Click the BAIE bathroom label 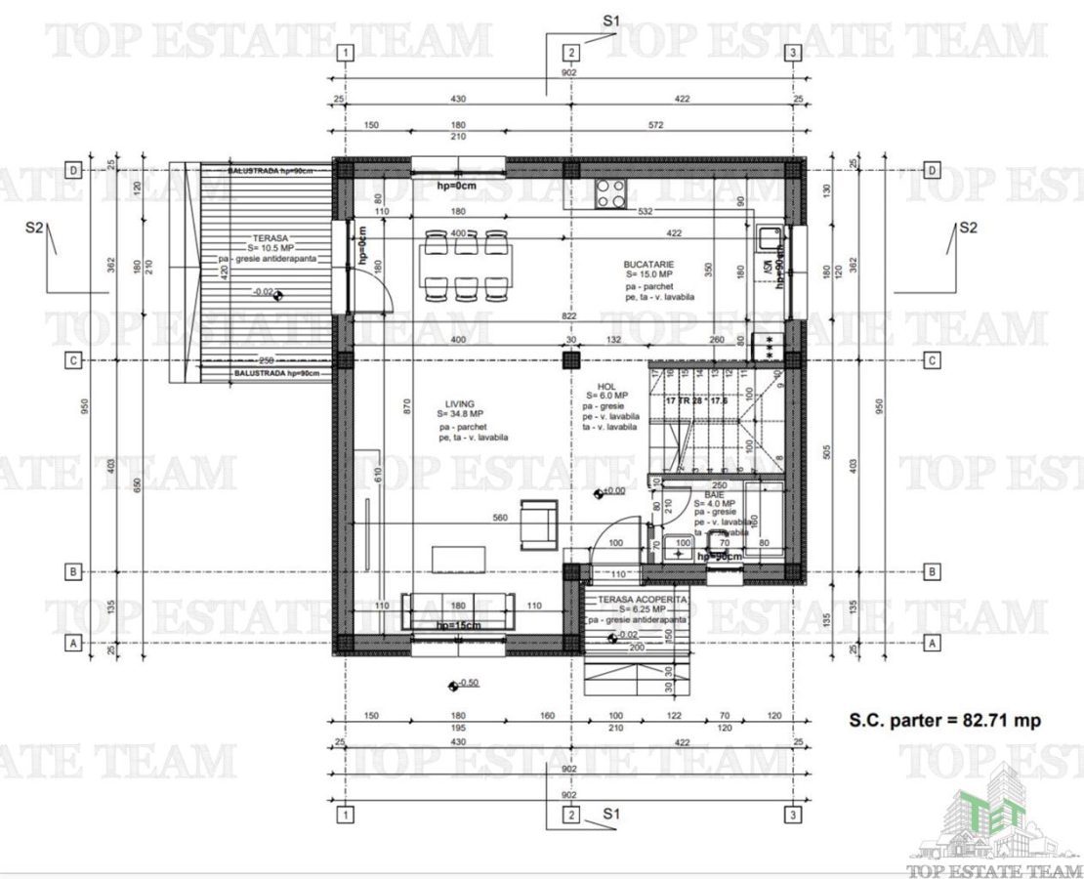coord(714,496)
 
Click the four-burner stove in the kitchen coord(611,193)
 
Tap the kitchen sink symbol coord(765,237)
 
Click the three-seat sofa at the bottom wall coord(460,610)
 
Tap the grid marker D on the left coord(72,169)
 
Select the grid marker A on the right coord(932,644)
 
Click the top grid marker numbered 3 coord(795,53)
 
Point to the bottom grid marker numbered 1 coord(344,814)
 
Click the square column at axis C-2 coord(571,360)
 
